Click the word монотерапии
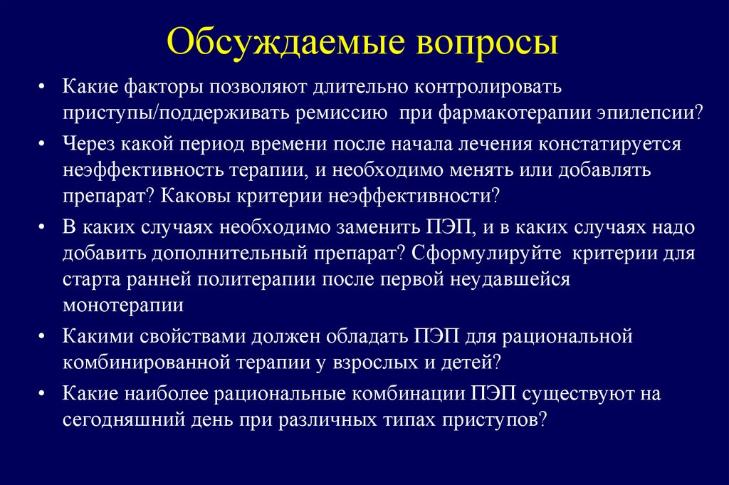[123, 304]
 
